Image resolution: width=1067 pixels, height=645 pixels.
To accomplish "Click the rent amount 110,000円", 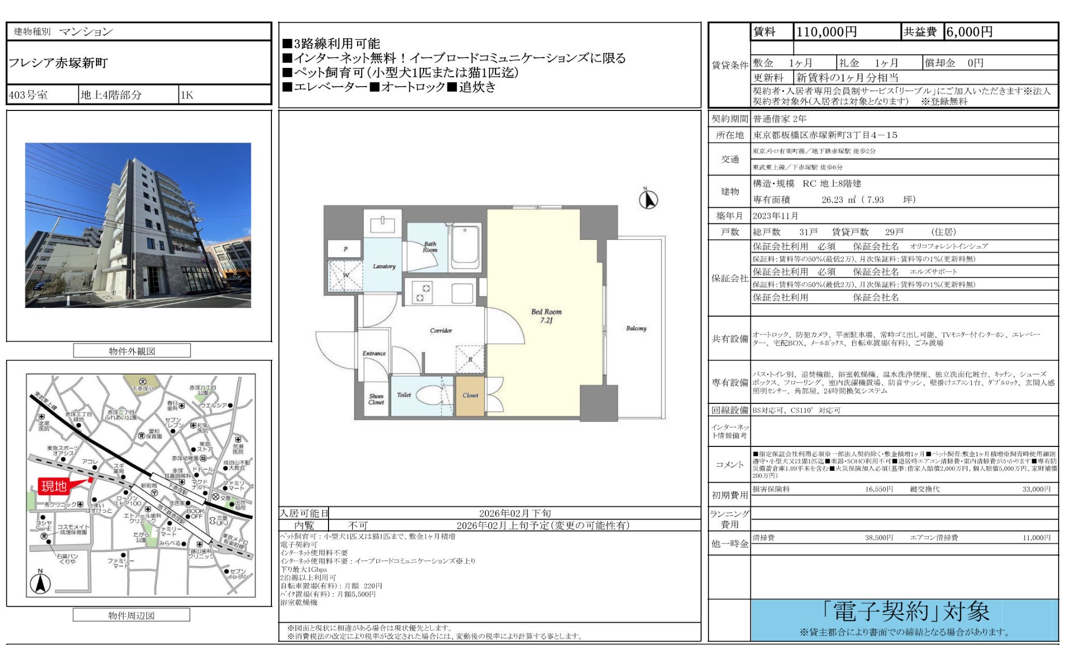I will pyautogui.click(x=826, y=32).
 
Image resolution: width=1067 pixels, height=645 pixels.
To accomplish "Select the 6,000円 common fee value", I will pyautogui.click(x=969, y=32).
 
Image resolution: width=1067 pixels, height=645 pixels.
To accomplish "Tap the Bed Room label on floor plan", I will pyautogui.click(x=546, y=315).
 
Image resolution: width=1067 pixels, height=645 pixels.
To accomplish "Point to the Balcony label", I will pyautogui.click(x=636, y=328).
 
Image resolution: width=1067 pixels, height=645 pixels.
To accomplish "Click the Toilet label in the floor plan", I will pyautogui.click(x=404, y=395).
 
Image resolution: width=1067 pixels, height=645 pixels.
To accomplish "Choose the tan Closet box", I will pyautogui.click(x=470, y=396).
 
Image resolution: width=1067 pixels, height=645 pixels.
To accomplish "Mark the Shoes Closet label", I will pyautogui.click(x=376, y=399).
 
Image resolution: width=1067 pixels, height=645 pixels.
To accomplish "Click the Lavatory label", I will pyautogui.click(x=384, y=266).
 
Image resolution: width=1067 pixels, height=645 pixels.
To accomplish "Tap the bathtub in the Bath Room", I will pyautogui.click(x=465, y=247).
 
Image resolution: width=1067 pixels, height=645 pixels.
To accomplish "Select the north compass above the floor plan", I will pyautogui.click(x=648, y=199).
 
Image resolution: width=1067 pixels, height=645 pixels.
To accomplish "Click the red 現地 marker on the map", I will pyautogui.click(x=54, y=486).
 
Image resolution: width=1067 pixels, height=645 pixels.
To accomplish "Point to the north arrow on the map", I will pyautogui.click(x=40, y=582).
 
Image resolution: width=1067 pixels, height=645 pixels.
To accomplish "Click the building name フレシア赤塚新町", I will pyautogui.click(x=58, y=63).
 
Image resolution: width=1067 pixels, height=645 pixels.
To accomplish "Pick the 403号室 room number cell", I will pyautogui.click(x=28, y=95).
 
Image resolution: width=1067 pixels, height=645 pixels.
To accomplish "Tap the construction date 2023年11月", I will pyautogui.click(x=775, y=216).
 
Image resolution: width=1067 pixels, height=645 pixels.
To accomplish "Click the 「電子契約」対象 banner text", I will pyautogui.click(x=911, y=612).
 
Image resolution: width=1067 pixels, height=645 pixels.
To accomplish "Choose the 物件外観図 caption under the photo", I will pyautogui.click(x=132, y=351).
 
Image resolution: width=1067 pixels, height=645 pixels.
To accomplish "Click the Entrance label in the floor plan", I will pyautogui.click(x=374, y=353).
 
